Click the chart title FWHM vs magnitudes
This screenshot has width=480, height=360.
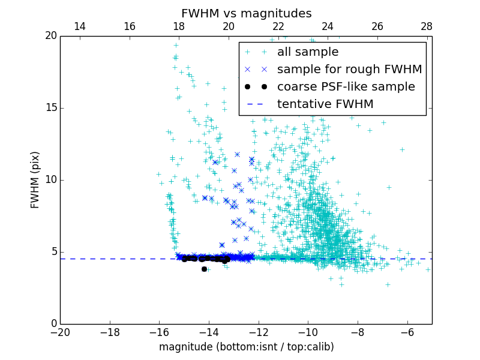tap(246, 13)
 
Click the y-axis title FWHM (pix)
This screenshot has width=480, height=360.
tap(35, 180)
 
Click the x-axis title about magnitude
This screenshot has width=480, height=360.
tap(246, 347)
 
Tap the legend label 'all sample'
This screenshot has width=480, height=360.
tap(308, 52)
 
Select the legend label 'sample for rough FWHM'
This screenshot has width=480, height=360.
tap(349, 70)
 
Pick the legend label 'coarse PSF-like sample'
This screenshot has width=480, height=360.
tap(346, 87)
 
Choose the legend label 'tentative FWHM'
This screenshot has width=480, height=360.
tap(325, 104)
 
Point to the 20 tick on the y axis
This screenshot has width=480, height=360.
tap(50, 36)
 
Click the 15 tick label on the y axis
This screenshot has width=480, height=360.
tap(50, 108)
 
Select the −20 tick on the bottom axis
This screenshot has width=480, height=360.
tap(60, 332)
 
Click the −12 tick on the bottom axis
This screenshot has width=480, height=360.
tap(258, 332)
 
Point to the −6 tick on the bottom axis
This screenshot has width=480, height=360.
tap(407, 332)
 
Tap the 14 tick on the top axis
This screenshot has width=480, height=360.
tap(79, 26)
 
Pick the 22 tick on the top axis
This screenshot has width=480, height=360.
tap(278, 26)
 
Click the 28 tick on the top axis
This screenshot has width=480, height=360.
tap(427, 26)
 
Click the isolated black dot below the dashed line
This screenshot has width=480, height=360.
tap(204, 269)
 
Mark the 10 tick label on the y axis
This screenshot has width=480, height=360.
tap(50, 180)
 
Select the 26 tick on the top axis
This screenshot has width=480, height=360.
tap(377, 26)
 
